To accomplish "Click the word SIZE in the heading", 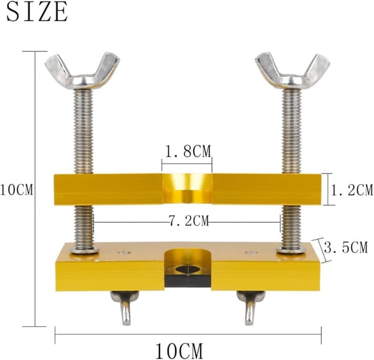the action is coord(37,11).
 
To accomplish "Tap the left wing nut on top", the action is coord(82,72).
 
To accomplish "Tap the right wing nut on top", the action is coord(292,72).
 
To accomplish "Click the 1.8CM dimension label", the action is coord(188,152).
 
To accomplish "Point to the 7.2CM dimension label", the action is coord(189,221).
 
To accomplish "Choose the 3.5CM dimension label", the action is coord(346,247).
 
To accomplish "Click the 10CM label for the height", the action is coord(16,190).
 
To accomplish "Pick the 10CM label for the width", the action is coord(179,351).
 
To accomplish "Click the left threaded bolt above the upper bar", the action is coord(84,131).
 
